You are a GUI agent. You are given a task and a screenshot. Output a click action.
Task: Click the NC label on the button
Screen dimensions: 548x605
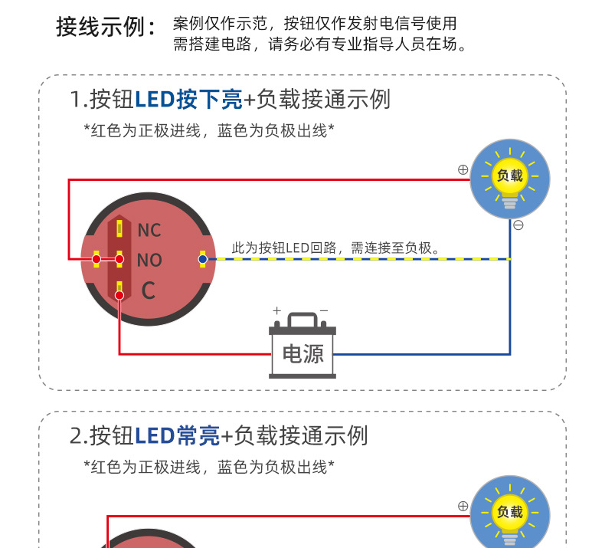click(x=149, y=230)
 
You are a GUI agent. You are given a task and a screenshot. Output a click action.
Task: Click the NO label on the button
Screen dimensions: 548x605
click(x=149, y=261)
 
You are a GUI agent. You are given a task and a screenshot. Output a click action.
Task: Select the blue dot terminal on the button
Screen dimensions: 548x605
click(x=202, y=259)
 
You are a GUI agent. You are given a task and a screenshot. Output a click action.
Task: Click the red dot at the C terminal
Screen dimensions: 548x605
click(x=119, y=295)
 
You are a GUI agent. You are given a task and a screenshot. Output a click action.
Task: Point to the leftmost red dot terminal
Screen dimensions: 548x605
click(x=96, y=259)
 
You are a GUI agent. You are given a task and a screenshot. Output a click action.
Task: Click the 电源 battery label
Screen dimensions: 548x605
click(x=302, y=353)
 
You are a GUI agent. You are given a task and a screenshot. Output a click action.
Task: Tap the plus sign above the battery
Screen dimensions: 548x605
click(x=277, y=310)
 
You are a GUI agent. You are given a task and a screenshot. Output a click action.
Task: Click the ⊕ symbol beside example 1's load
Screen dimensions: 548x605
click(x=463, y=169)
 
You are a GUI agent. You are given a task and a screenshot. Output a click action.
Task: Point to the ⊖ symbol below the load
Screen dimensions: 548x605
click(x=518, y=225)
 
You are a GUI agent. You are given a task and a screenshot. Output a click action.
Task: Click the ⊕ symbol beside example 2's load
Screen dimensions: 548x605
click(x=463, y=506)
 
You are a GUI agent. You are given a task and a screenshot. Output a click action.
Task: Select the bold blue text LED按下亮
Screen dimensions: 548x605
click(x=188, y=99)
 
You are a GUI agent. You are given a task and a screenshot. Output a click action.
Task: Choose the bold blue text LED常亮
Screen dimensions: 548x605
click(x=178, y=435)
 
